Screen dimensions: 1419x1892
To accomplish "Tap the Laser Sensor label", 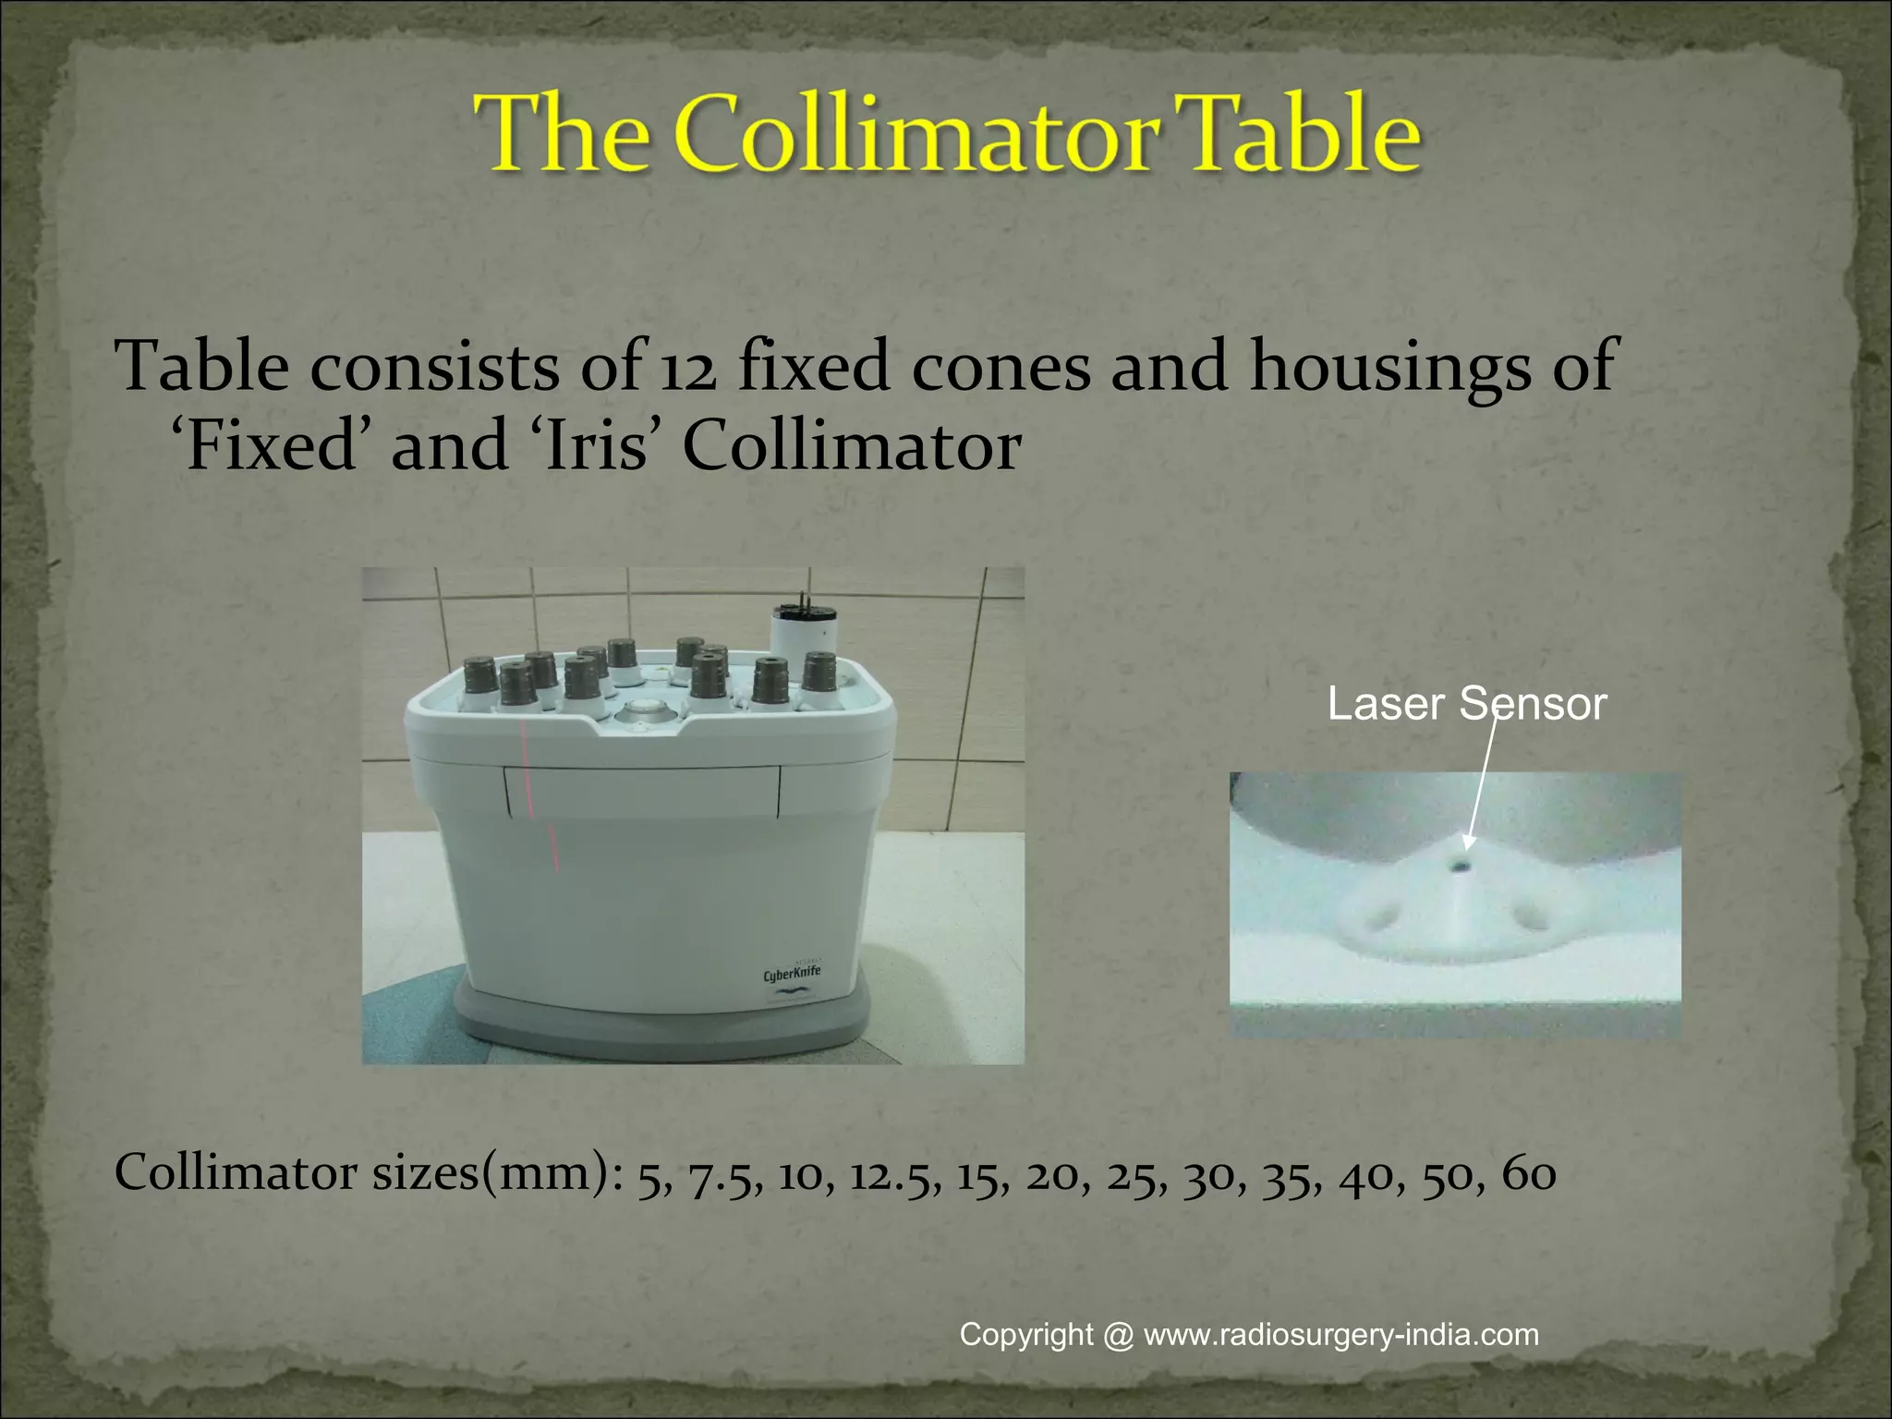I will pyautogui.click(x=1467, y=704).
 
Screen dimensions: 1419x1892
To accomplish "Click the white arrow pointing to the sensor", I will pyautogui.click(x=1479, y=781).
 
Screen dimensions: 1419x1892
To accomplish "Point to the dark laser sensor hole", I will pyautogui.click(x=1461, y=867).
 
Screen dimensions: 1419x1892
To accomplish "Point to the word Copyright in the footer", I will pyautogui.click(x=1026, y=1335).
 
